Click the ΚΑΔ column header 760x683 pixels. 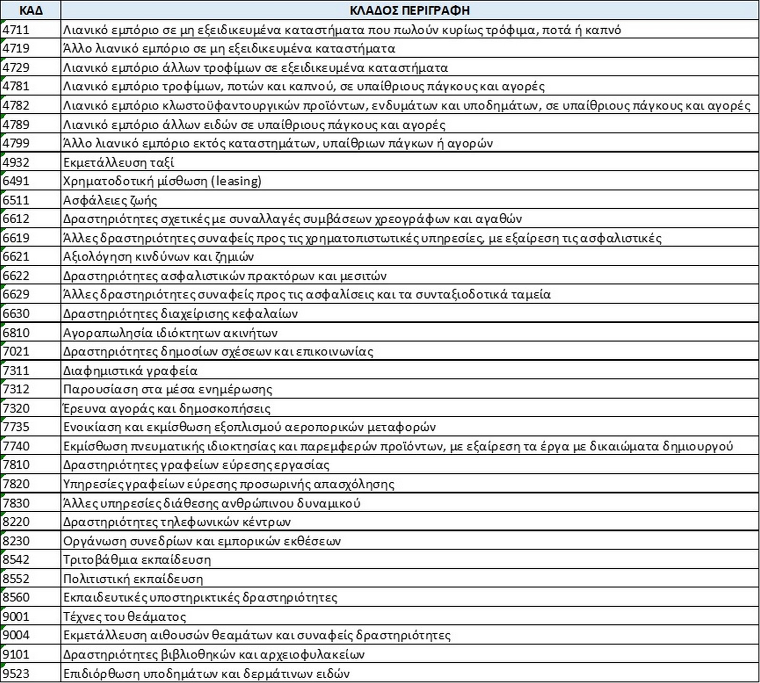31,10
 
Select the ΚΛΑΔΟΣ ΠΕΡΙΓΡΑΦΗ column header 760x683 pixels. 409,10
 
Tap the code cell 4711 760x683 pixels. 16,29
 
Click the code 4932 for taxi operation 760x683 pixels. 16,162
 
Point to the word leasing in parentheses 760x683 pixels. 238,181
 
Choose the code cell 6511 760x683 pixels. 16,200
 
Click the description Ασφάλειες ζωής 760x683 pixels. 110,200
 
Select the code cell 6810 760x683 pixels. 16,333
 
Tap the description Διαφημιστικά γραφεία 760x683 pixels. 130,370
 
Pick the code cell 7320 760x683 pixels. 16,408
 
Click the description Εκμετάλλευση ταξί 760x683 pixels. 119,162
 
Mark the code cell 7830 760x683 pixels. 16,503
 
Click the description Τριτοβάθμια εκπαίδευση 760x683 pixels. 137,560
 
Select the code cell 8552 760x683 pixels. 16,579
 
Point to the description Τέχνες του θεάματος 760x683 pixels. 124,617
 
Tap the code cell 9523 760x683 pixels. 16,674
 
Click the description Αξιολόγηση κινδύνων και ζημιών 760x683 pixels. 159,257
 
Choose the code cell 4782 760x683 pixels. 16,105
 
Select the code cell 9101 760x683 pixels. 16,655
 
